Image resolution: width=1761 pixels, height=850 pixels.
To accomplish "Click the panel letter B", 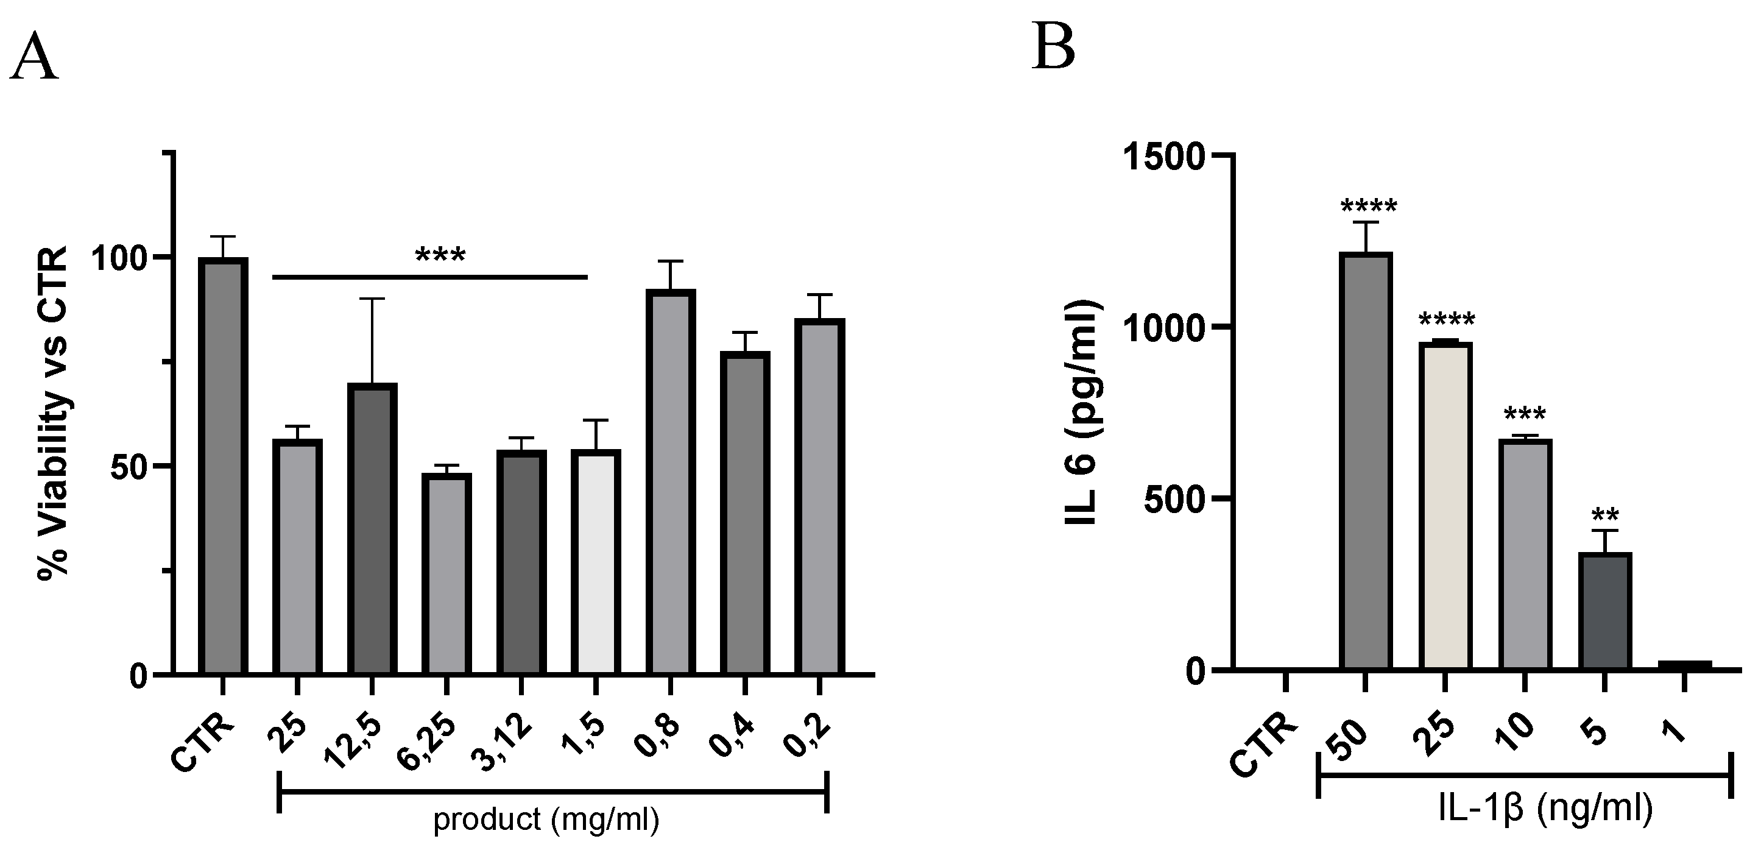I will [x=1053, y=47].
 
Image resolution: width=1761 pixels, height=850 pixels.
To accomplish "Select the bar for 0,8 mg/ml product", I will [x=671, y=481].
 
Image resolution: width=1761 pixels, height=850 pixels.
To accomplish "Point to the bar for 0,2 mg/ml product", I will [x=820, y=496].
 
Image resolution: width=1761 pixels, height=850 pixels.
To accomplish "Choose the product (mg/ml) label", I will [x=546, y=819].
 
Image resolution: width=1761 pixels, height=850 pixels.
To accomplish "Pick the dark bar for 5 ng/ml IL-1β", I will [x=1605, y=610].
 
